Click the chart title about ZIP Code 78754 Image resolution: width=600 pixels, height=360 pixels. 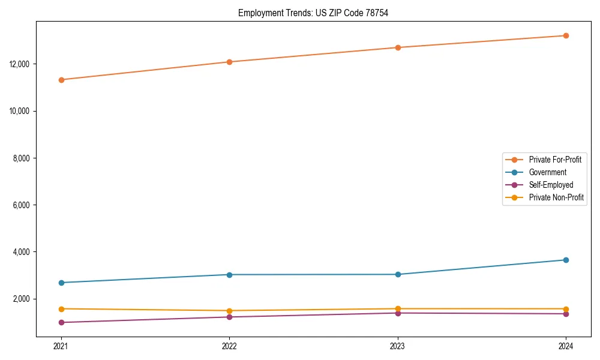313,13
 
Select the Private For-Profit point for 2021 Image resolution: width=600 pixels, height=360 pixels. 61,80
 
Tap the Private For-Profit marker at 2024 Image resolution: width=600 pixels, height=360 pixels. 566,35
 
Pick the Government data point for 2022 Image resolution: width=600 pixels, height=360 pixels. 229,275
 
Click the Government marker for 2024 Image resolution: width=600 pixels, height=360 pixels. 566,260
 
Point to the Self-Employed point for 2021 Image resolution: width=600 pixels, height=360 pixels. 61,322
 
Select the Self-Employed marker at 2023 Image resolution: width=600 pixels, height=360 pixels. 398,313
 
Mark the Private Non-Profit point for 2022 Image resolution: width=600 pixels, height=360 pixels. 229,311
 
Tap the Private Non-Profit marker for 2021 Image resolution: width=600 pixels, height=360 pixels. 61,308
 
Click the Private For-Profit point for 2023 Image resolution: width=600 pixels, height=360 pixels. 398,47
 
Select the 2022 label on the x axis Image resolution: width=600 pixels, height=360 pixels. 229,346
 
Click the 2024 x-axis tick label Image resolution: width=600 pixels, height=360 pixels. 566,346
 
